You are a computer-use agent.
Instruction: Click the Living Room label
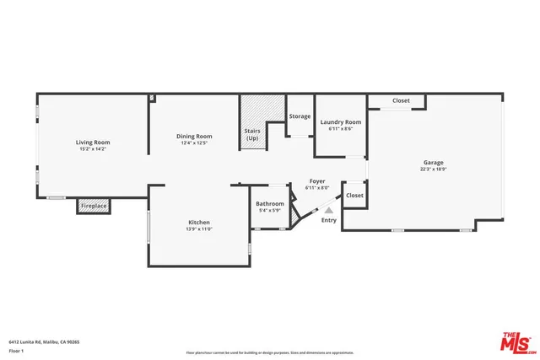[x=94, y=142]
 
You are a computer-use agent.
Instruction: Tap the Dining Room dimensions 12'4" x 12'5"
[x=194, y=142]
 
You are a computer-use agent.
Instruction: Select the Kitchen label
[x=199, y=223]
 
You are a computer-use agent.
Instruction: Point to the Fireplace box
[x=93, y=205]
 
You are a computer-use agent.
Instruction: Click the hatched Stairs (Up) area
[x=252, y=123]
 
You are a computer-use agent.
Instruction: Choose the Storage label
[x=300, y=116]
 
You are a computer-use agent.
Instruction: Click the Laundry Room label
[x=341, y=122]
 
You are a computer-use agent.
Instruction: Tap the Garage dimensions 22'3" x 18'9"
[x=433, y=169]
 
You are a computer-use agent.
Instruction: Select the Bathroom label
[x=270, y=203]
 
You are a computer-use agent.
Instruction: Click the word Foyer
[x=316, y=181]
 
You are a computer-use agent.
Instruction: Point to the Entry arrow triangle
[x=329, y=211]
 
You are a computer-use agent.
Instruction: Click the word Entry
[x=328, y=221]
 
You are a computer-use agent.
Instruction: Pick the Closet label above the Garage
[x=401, y=100]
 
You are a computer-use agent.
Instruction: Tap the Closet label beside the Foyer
[x=354, y=195]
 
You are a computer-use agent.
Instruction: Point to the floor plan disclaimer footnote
[x=270, y=353]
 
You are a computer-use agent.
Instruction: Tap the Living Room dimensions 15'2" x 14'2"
[x=94, y=148]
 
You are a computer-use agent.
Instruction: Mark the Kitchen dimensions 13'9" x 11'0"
[x=199, y=228]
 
